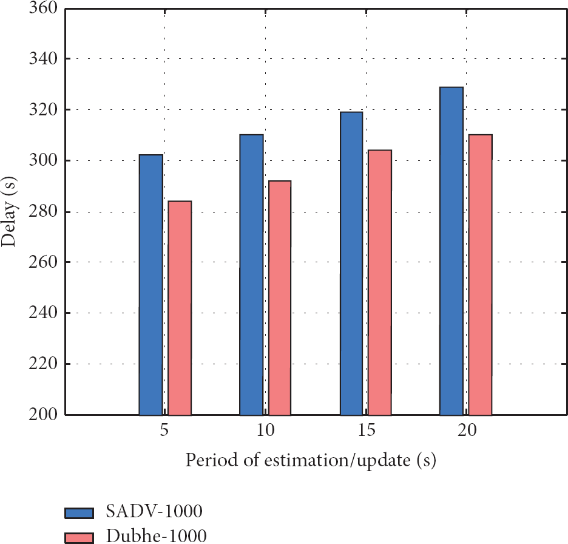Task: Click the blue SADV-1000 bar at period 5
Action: [x=151, y=285]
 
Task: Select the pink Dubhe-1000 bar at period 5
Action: [x=180, y=308]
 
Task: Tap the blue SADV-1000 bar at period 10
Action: [x=251, y=274]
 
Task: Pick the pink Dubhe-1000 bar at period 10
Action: [x=280, y=297]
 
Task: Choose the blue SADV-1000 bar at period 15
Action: [x=351, y=263]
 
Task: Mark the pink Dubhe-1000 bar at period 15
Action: [x=380, y=282]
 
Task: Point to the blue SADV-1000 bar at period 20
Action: [x=451, y=251]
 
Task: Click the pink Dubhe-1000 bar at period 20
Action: [x=480, y=274]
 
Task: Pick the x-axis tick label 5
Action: [x=164, y=431]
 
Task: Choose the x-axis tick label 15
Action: [x=366, y=431]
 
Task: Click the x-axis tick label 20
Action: [x=466, y=431]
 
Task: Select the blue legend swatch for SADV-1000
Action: [x=79, y=513]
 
